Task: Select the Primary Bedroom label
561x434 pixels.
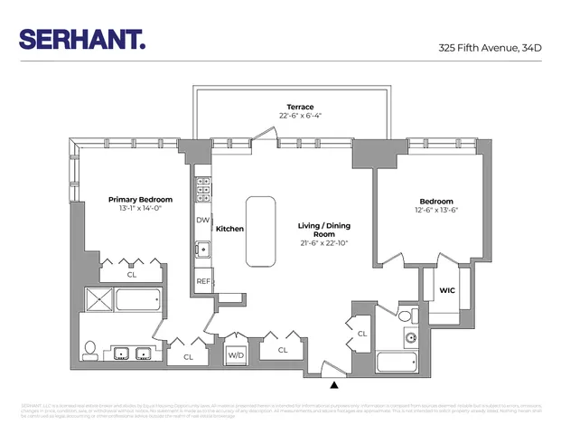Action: [x=134, y=199]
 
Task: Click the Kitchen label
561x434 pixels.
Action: [x=230, y=229]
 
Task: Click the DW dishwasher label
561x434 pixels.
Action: [x=202, y=220]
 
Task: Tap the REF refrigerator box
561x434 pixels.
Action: [x=204, y=281]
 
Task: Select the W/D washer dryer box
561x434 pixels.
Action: [x=236, y=354]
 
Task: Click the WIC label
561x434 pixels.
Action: [x=446, y=290]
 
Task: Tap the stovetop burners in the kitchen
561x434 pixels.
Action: [x=204, y=191]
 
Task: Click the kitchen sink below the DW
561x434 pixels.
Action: [x=204, y=249]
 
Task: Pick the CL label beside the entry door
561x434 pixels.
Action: [x=361, y=334]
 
